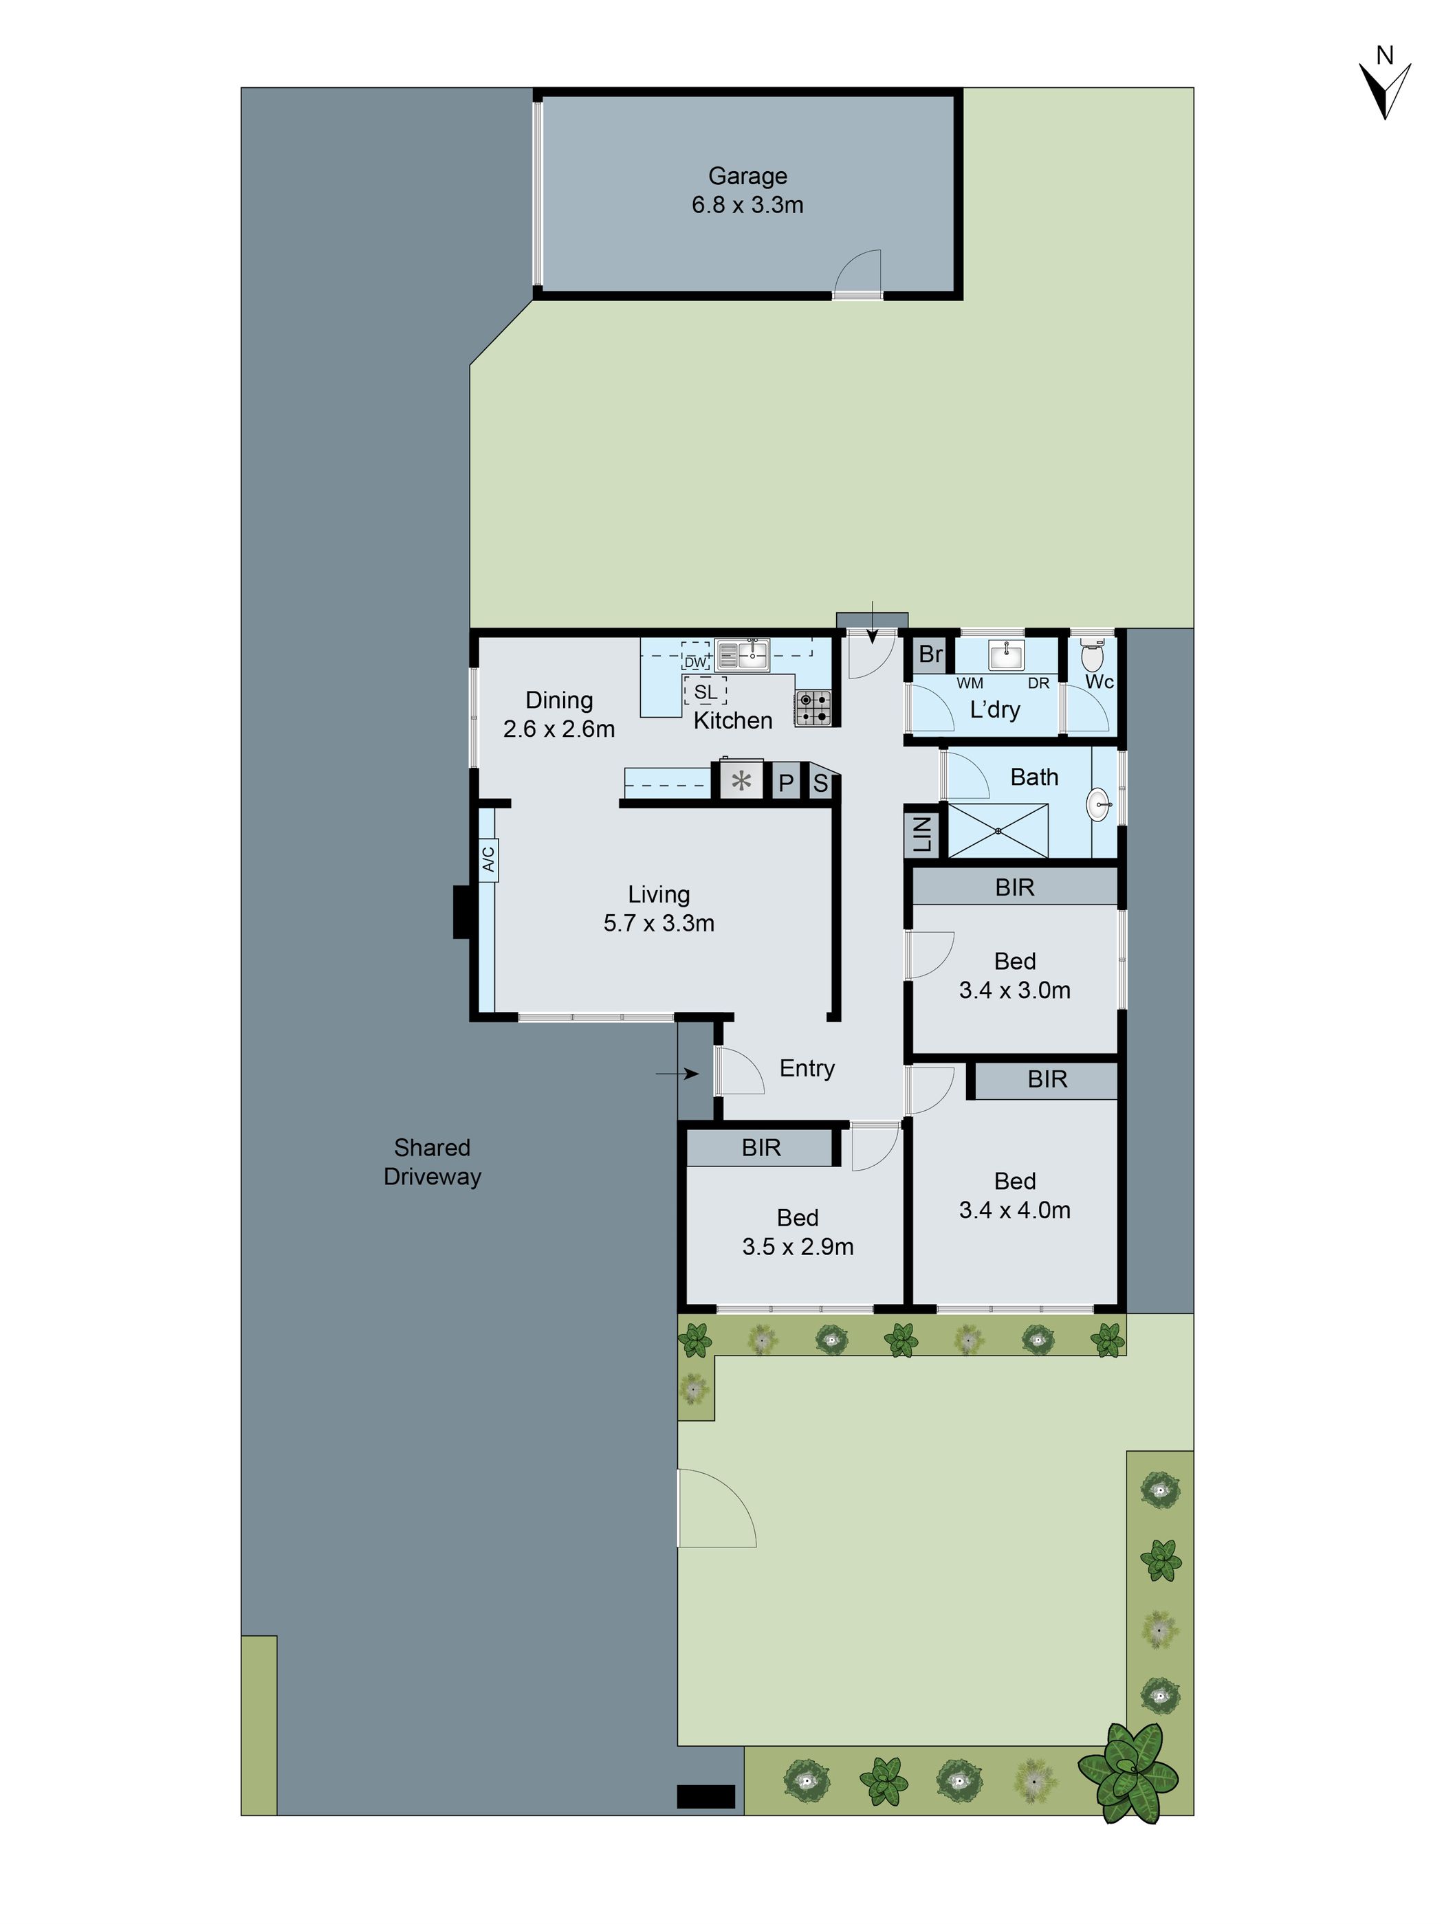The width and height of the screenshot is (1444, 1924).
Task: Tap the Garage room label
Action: (x=747, y=176)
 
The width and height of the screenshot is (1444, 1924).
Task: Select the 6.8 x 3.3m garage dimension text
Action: (x=747, y=206)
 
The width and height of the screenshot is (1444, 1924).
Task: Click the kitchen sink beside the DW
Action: (x=742, y=654)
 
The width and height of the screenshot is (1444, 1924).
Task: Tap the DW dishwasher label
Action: (x=695, y=662)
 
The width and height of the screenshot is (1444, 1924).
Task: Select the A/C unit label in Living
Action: (x=488, y=859)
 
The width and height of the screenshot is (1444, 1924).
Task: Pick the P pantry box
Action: (x=785, y=783)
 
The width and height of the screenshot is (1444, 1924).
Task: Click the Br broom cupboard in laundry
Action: (x=930, y=654)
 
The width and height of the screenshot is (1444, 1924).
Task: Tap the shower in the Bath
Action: (x=998, y=830)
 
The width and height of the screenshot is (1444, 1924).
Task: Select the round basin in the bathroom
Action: (x=1098, y=804)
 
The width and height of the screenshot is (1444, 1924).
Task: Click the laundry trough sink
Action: (x=1007, y=655)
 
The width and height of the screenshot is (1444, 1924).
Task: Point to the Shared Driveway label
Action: (x=433, y=1162)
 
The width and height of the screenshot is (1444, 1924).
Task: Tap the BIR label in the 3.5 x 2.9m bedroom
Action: (x=761, y=1148)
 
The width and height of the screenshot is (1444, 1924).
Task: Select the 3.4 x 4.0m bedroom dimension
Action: (x=1014, y=1210)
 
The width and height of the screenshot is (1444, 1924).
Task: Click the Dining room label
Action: (x=559, y=700)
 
